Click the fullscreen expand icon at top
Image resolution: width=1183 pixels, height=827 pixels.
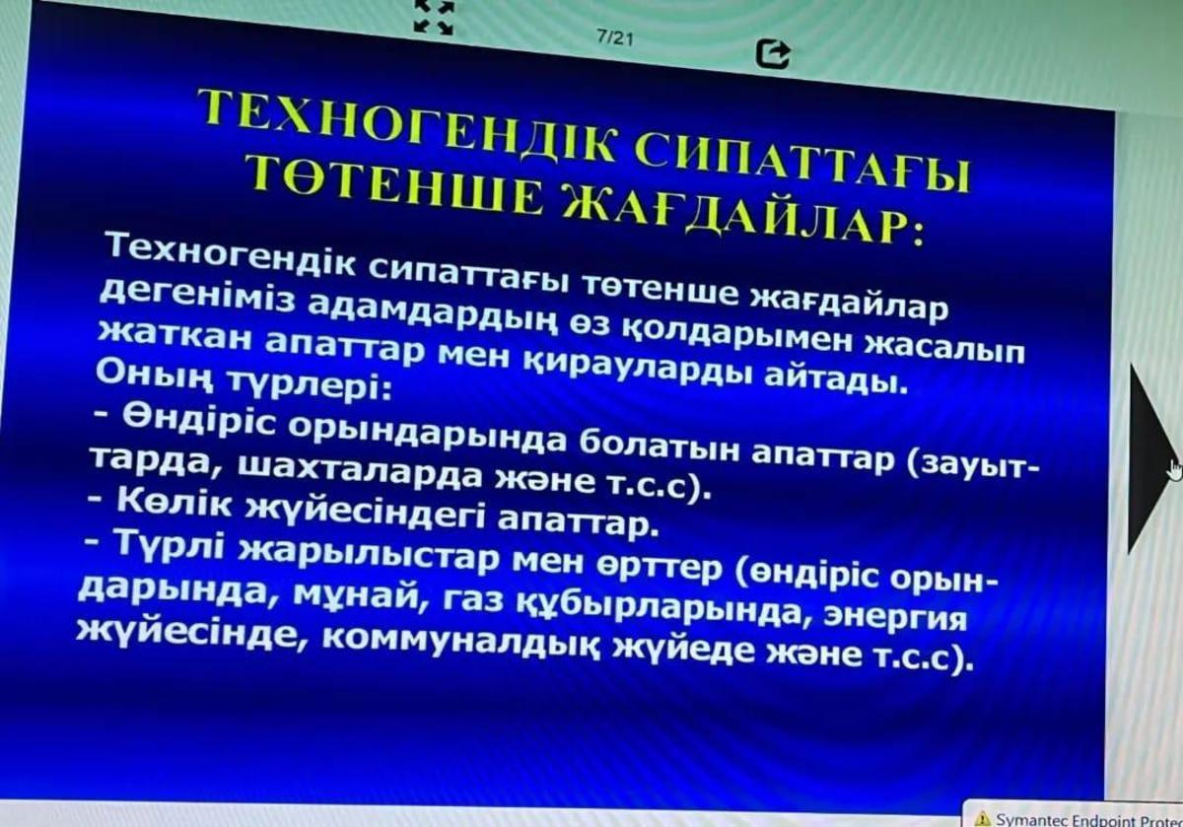pos(434,17)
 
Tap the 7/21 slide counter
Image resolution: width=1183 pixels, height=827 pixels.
pos(614,38)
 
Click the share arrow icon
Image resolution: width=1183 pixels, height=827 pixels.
pos(773,54)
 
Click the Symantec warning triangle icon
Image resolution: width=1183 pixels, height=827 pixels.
pos(984,818)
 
